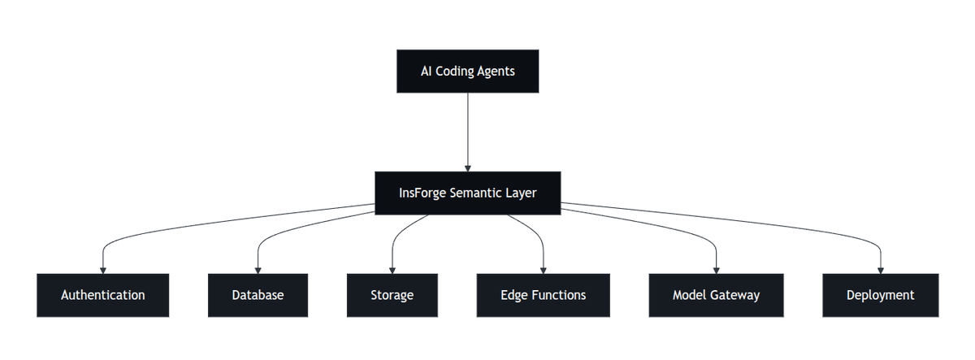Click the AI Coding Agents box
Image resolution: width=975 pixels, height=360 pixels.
(467, 71)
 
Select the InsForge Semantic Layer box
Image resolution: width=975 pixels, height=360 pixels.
(467, 193)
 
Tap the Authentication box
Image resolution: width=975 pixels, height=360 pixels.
(102, 295)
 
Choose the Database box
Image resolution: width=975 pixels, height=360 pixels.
(258, 295)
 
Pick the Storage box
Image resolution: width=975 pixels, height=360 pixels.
(392, 295)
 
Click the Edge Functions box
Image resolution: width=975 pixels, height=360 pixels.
(543, 295)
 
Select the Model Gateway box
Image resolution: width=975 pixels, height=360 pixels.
(716, 295)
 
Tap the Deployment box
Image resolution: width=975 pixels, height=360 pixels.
(880, 295)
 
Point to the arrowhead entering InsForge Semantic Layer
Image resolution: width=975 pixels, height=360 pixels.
(467, 167)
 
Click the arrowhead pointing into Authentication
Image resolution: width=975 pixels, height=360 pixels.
(102, 270)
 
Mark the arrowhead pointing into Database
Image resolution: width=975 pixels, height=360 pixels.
(258, 270)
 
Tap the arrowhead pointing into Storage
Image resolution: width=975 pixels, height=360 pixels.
(392, 270)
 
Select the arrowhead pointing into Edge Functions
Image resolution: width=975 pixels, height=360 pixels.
(543, 270)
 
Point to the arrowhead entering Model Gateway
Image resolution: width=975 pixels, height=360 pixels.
(716, 270)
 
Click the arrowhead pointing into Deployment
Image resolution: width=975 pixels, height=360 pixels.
(880, 270)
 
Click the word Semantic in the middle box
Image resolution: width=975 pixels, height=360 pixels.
(476, 193)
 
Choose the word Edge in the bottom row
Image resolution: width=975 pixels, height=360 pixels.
(513, 295)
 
